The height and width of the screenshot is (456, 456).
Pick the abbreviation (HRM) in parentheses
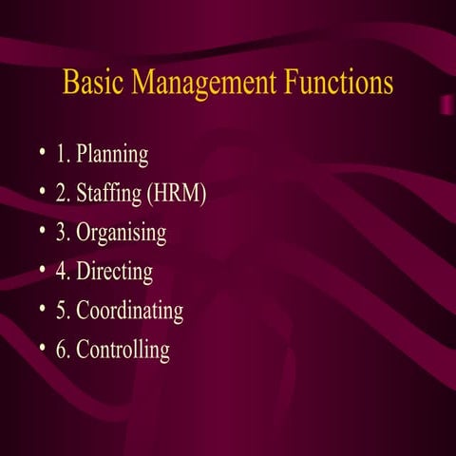[x=177, y=194]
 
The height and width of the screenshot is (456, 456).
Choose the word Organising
[x=122, y=233]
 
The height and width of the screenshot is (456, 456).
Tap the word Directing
[x=115, y=272]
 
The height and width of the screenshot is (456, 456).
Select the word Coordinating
[x=130, y=311]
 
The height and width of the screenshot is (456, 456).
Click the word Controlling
[x=123, y=350]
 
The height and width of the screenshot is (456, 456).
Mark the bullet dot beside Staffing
[x=43, y=193]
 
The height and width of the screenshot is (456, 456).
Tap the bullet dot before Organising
[x=43, y=232]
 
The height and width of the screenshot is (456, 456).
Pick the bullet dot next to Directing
[x=43, y=271]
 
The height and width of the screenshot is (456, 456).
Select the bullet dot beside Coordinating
[x=43, y=310]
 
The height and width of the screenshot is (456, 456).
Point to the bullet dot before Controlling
[x=43, y=349]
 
